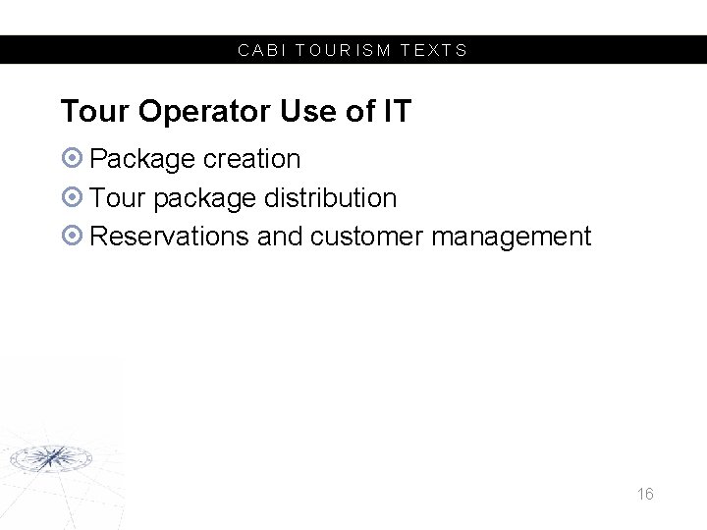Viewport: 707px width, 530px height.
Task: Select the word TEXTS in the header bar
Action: point(434,50)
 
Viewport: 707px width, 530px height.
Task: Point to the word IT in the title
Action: point(396,112)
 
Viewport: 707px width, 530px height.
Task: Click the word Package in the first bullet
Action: point(142,159)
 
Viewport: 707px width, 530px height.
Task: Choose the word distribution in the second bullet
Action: point(330,197)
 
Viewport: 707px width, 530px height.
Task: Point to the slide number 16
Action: point(644,494)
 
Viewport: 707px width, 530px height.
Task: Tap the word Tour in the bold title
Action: point(95,112)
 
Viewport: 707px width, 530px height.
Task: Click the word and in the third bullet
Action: point(279,237)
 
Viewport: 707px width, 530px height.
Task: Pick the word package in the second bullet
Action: point(204,198)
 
